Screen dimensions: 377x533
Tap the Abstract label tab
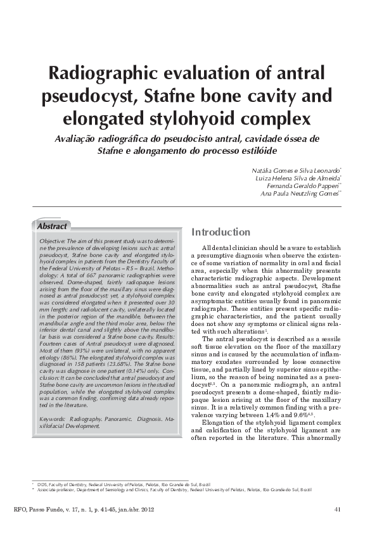click(52, 226)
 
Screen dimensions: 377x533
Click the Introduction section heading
click(220, 232)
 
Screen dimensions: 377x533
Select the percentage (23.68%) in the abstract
click(124, 365)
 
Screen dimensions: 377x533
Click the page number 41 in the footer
click(337, 510)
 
